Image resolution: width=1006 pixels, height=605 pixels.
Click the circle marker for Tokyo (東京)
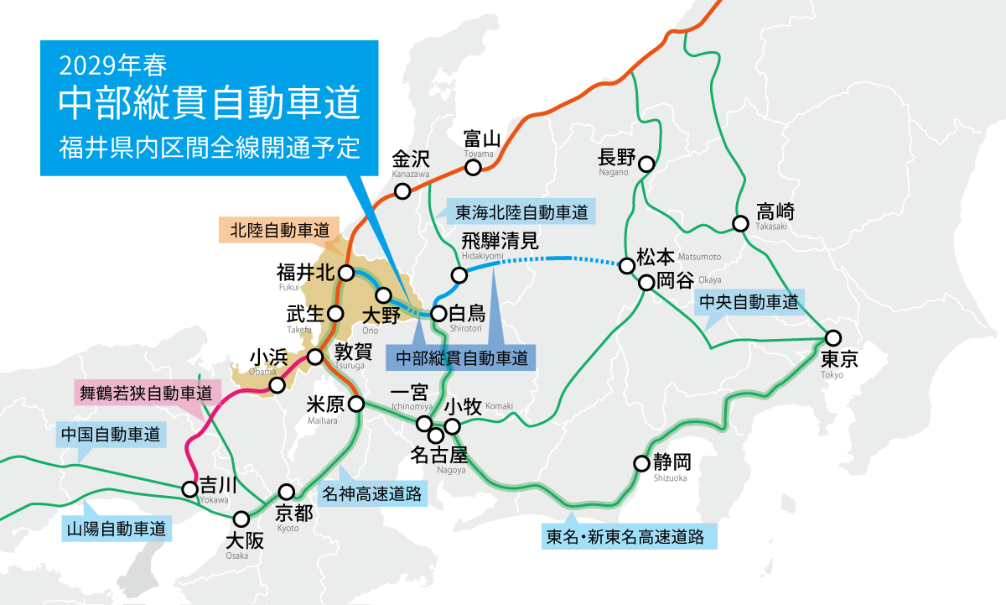832,338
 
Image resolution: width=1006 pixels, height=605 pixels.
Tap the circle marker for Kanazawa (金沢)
402,191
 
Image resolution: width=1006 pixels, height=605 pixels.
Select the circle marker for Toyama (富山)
474,167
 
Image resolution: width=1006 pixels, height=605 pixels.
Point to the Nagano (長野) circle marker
647,164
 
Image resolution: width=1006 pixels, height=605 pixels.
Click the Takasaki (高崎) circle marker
740,224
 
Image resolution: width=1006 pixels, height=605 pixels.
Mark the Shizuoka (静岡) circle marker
641,462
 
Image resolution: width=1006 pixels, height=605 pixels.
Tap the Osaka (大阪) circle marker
241,519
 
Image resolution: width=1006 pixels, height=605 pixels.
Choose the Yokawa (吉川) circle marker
189,488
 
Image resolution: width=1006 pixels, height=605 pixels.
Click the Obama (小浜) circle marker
276,385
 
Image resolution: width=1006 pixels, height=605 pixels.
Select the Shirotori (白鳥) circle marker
438,315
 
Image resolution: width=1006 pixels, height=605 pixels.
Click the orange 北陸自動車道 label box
277,229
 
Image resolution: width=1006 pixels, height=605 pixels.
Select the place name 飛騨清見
500,241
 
